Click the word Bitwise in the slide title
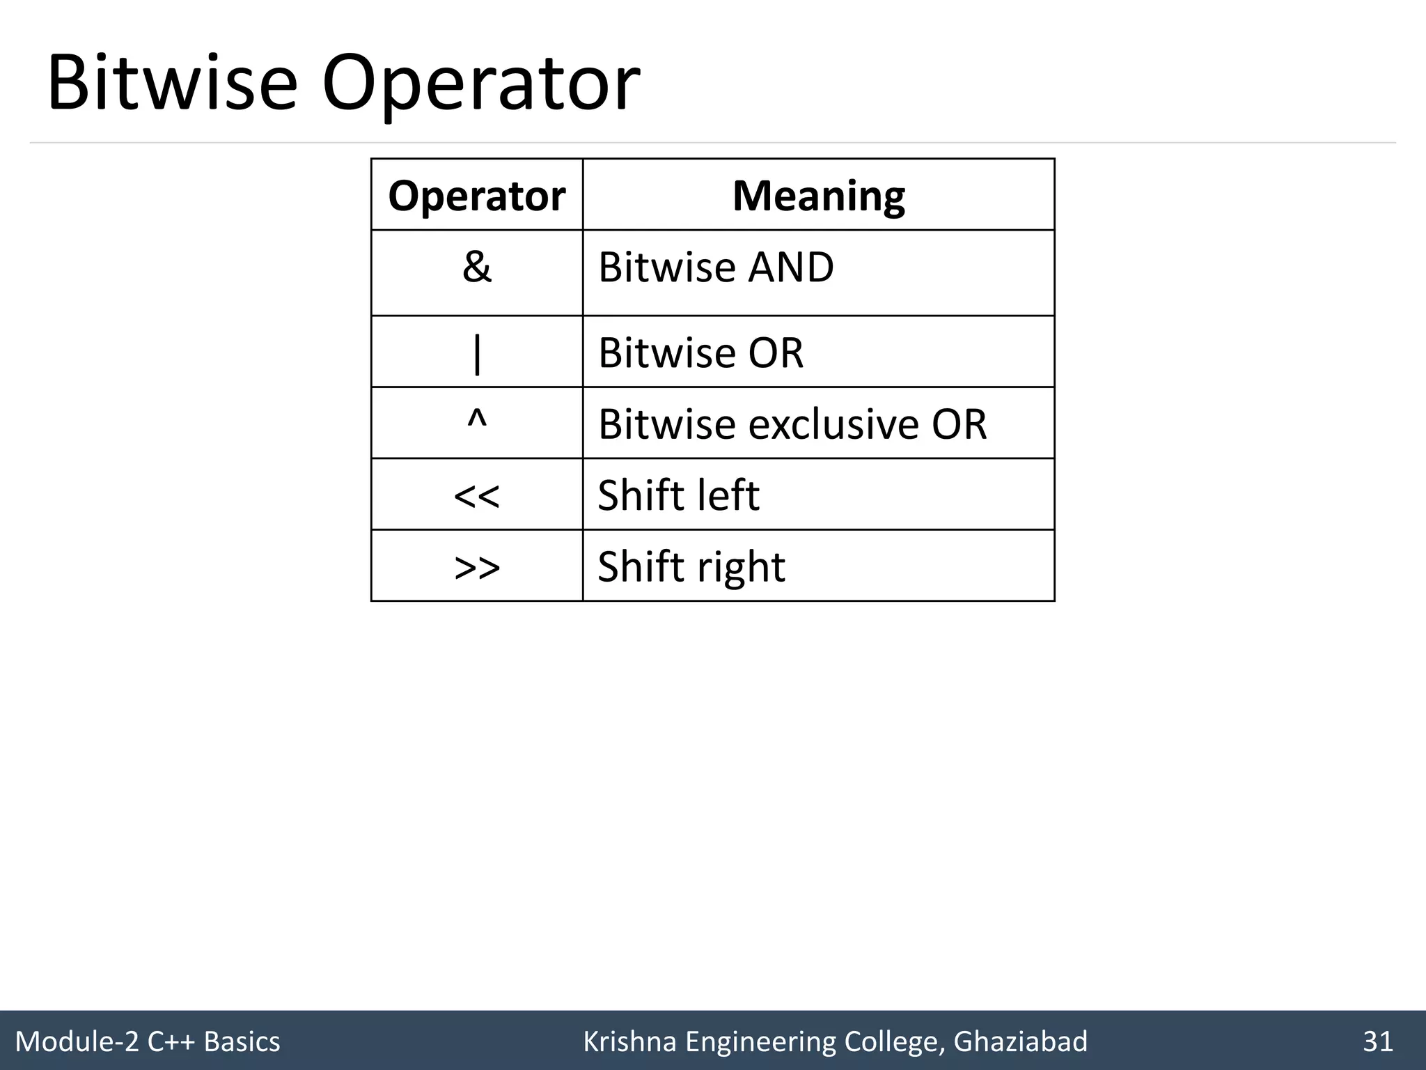(171, 84)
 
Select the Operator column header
(476, 196)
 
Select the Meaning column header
(818, 196)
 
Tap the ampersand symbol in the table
(476, 267)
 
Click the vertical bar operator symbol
(476, 352)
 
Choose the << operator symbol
(476, 496)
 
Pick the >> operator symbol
(476, 568)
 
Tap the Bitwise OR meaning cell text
(700, 352)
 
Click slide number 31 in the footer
(1377, 1041)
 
